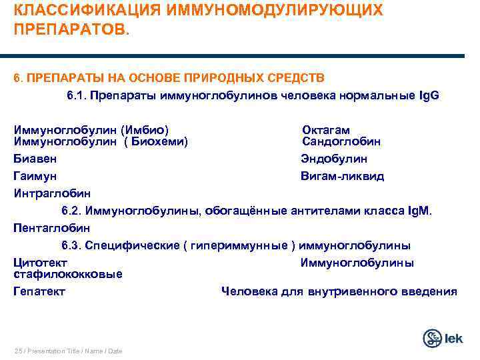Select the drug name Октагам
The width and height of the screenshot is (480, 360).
point(326,130)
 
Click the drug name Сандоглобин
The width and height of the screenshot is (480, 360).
point(341,141)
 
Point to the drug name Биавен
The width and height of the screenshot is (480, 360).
point(35,159)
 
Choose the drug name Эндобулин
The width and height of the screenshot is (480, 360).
point(333,159)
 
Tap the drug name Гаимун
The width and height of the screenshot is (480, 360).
point(35,176)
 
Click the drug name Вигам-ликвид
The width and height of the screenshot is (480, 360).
point(342,176)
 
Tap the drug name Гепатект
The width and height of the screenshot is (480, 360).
point(39,291)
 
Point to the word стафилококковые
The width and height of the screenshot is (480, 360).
point(68,274)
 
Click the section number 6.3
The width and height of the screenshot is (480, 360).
point(72,245)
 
